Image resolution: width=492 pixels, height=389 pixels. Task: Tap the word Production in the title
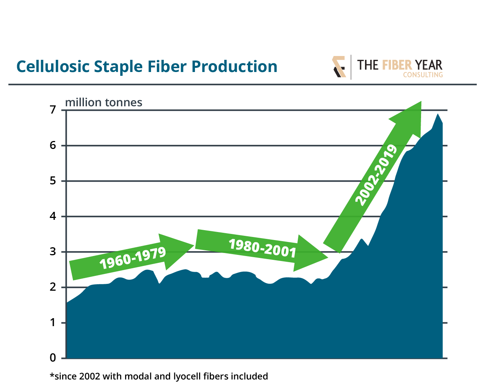[x=234, y=67]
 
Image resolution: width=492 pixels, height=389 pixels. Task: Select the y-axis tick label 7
[x=53, y=110]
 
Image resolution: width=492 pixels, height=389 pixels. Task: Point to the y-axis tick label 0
[x=53, y=358]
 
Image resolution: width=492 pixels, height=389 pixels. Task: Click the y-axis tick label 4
[x=53, y=216]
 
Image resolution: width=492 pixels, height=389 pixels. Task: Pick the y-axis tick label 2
[x=53, y=287]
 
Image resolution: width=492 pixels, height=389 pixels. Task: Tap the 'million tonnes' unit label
[x=104, y=102]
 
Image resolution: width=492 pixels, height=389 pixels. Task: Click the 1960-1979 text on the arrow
[x=132, y=258]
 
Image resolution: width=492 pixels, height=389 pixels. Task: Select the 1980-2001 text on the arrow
[x=262, y=248]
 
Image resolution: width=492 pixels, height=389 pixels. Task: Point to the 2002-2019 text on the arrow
[x=376, y=175]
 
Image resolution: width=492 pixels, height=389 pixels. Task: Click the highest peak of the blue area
[x=437, y=114]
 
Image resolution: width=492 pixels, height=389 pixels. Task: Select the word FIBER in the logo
[x=397, y=65]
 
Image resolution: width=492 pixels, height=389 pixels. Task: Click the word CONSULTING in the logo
[x=423, y=75]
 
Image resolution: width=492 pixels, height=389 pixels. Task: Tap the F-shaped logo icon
[x=339, y=67]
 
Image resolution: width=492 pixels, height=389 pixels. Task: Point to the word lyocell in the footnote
[x=187, y=376]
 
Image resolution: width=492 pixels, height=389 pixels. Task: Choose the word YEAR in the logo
[x=429, y=65]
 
